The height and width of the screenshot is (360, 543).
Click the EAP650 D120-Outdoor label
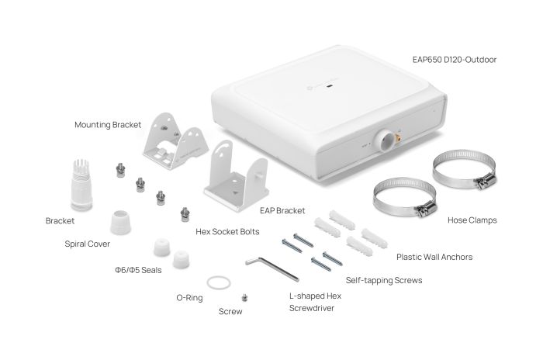tap(454, 59)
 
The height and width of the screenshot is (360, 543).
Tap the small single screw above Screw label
tap(245, 296)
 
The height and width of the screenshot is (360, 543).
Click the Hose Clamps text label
tap(472, 220)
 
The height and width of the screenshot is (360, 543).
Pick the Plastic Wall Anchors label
tap(434, 257)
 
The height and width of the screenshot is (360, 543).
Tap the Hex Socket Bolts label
tap(228, 231)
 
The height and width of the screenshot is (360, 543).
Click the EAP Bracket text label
tap(280, 210)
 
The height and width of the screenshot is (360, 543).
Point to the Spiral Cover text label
tap(87, 244)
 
